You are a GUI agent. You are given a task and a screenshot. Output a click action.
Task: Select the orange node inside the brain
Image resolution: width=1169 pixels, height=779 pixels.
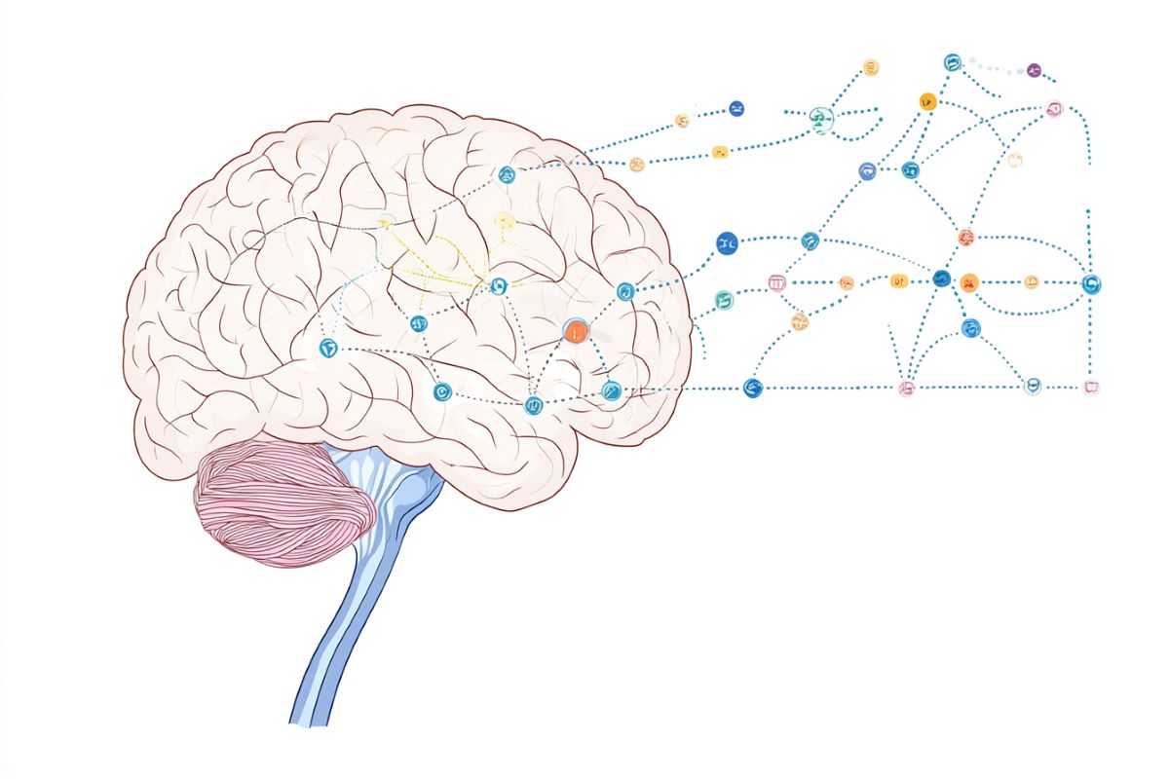(x=576, y=331)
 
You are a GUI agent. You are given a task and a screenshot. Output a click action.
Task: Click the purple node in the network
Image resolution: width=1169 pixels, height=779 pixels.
(x=1034, y=71)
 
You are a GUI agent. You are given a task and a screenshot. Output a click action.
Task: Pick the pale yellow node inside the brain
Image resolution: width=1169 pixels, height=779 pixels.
(x=504, y=221)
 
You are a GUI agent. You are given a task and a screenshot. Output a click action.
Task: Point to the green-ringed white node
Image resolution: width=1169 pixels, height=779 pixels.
(x=821, y=120)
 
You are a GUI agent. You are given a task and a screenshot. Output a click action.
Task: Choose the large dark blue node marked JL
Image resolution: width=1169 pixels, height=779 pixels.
(x=727, y=243)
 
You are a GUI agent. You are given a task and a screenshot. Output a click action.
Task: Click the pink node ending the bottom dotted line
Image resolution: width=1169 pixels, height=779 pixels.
(x=1091, y=388)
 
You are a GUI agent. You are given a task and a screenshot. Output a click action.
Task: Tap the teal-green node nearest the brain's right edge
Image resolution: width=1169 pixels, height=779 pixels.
(x=723, y=300)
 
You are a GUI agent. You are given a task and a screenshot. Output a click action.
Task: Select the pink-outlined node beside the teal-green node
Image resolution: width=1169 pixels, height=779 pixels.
(x=776, y=283)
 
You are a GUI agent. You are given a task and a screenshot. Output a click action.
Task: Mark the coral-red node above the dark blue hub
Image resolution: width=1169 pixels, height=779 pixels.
(x=965, y=237)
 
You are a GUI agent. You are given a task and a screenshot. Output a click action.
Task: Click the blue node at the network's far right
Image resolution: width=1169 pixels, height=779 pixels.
(x=1091, y=284)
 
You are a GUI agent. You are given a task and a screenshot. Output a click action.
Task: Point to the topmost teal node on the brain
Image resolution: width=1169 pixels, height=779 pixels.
(x=506, y=175)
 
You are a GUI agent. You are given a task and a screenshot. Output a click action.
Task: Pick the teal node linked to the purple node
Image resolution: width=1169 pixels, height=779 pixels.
(x=952, y=62)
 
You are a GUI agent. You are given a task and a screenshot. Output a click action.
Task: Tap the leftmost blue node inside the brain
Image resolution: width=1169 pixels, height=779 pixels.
(x=328, y=348)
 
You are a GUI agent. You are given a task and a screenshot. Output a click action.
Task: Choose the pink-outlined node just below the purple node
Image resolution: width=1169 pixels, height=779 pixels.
(x=1053, y=110)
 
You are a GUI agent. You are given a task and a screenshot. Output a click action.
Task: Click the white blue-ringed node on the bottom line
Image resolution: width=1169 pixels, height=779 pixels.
(x=1032, y=387)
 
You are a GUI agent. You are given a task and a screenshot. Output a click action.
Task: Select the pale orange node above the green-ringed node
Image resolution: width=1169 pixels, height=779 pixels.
(x=870, y=68)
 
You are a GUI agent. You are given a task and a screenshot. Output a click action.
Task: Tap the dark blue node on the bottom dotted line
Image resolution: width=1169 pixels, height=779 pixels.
(x=751, y=388)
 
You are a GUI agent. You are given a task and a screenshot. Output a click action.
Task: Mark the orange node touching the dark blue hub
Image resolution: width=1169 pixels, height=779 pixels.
(x=968, y=283)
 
